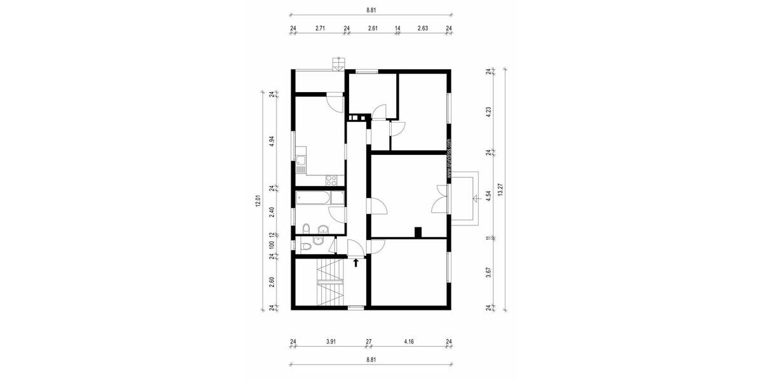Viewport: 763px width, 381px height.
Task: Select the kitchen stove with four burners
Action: (x=331, y=180)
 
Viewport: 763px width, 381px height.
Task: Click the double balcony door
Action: (x=439, y=198)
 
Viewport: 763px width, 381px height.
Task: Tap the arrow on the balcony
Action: (x=474, y=198)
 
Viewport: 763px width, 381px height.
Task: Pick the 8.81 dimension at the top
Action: (x=371, y=10)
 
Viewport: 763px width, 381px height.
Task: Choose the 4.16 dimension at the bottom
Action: (x=408, y=342)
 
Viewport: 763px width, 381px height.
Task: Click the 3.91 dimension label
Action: (x=331, y=342)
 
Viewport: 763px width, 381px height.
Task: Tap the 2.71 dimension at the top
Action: (x=320, y=29)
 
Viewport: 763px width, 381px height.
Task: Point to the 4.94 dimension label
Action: (x=272, y=141)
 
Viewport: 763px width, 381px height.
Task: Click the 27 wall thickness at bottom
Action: (x=368, y=342)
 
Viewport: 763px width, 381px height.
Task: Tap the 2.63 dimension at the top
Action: (x=423, y=29)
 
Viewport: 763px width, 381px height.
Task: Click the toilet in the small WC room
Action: (x=305, y=244)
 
